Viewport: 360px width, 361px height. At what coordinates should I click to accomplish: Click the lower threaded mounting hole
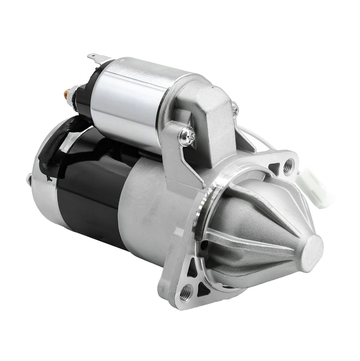coord(184,294)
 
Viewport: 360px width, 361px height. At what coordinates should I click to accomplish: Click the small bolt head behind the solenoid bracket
coord(234,107)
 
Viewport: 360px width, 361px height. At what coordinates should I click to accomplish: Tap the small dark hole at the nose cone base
coord(205,245)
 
